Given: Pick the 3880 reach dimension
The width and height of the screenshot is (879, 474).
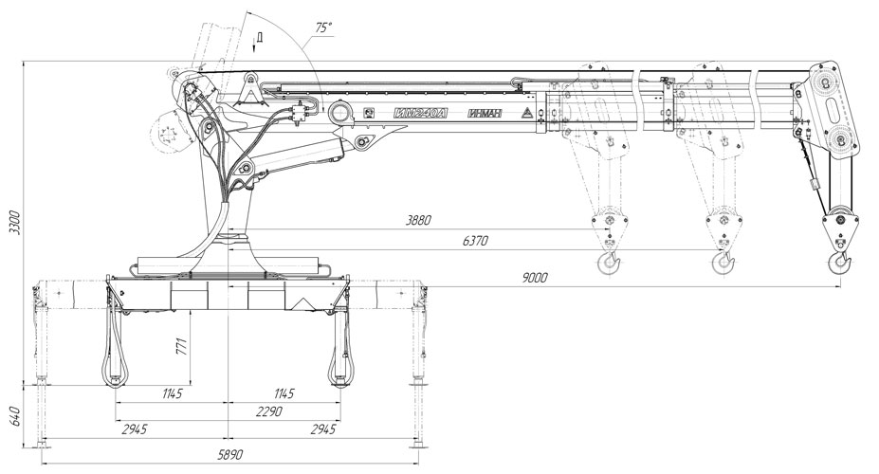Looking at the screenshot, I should [417, 220].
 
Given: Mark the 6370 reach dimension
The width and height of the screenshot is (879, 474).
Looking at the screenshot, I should [475, 242].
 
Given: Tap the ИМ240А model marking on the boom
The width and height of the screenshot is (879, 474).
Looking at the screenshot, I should [418, 114].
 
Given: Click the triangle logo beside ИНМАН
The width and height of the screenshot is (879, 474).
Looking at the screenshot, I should [524, 114].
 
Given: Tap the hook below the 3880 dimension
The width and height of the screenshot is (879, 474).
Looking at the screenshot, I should [607, 261].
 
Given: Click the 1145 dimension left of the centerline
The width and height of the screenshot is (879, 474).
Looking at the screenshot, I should [172, 392].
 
